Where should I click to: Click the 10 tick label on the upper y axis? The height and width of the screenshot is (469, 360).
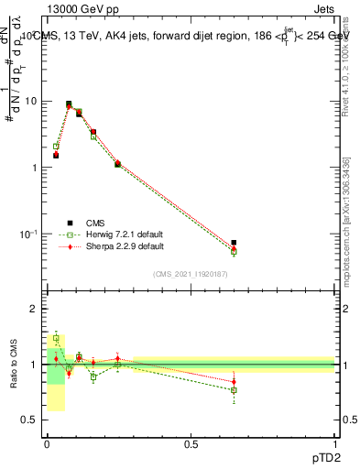(x=30, y=102)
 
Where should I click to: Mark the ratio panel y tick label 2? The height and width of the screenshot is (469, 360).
(x=34, y=310)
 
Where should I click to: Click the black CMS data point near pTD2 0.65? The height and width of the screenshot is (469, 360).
(x=234, y=243)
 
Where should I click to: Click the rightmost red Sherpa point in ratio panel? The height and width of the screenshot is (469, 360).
(x=234, y=381)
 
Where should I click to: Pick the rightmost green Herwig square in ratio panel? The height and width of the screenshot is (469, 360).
(x=234, y=390)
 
